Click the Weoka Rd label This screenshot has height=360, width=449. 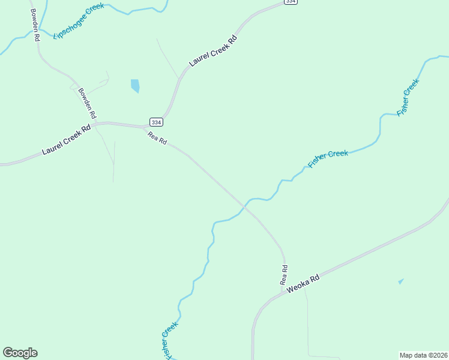coord(303,283)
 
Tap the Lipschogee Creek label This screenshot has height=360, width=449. coord(79,21)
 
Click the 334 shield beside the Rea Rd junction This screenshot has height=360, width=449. coord(155,121)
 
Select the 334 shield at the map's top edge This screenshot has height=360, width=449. coord(291,2)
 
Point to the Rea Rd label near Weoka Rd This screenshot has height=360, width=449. coord(285,275)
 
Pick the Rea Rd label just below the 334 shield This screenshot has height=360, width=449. coord(157,139)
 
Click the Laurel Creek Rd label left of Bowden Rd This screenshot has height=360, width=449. coord(67,140)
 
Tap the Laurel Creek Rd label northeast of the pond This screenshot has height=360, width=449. coord(214,51)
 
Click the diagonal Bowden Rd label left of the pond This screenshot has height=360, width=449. coord(88,103)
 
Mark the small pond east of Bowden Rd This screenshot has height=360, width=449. coord(135,86)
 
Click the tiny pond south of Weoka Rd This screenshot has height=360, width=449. coord(400,281)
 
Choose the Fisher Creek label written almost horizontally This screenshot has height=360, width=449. coord(328,158)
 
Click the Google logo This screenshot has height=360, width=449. coord(20,353)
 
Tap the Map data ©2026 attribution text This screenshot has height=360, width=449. coord(423,355)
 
